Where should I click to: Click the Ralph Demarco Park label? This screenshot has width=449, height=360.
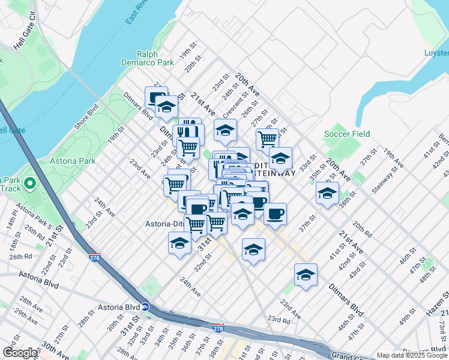(155, 58)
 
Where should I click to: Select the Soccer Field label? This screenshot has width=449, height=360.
(347, 134)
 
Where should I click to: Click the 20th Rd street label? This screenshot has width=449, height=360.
(362, 226)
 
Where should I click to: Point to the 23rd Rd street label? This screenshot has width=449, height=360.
(279, 319)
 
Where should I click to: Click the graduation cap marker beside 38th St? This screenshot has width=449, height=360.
(327, 193)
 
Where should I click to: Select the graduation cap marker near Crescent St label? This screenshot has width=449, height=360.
(225, 130)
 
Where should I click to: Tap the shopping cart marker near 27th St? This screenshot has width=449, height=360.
(267, 139)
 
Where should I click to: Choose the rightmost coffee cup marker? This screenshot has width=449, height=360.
(275, 214)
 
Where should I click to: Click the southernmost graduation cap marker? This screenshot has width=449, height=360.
(306, 275)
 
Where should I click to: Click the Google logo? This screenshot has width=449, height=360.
(20, 353)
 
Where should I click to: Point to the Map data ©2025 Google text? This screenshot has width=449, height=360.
(411, 355)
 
